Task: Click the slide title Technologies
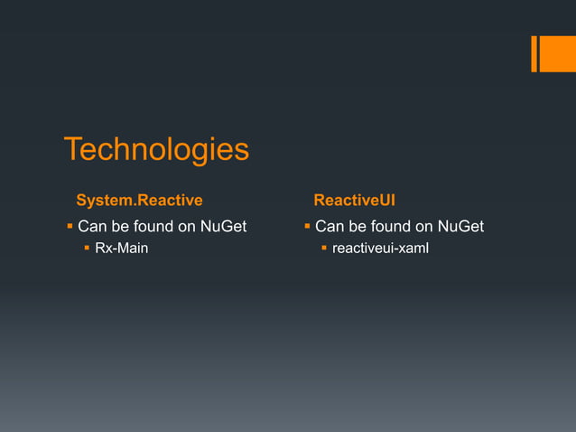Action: [x=155, y=150]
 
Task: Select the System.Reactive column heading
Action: [x=139, y=199]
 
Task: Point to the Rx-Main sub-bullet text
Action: [x=122, y=249]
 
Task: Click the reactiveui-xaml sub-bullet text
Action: [x=380, y=249]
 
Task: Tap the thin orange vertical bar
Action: [x=534, y=53]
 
